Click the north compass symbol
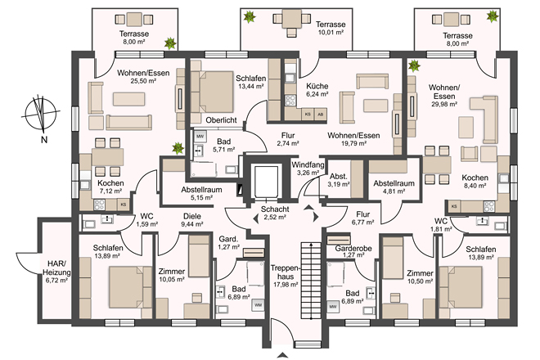click(41, 114)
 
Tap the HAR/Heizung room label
click(56, 268)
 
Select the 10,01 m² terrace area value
click(331, 33)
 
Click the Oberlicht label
click(221, 120)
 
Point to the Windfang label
click(308, 164)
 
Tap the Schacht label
click(275, 209)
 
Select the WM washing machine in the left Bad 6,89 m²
click(258, 305)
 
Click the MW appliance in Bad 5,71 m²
click(200, 137)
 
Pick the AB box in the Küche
click(321, 115)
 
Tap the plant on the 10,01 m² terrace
click(249, 16)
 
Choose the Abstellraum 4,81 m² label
click(394, 187)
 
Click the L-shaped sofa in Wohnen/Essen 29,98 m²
click(484, 119)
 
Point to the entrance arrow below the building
click(282, 355)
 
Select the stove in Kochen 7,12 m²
click(100, 205)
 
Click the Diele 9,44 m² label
click(192, 220)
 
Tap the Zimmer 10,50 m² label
click(421, 277)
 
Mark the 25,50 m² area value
click(143, 81)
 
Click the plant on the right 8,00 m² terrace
click(493, 16)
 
